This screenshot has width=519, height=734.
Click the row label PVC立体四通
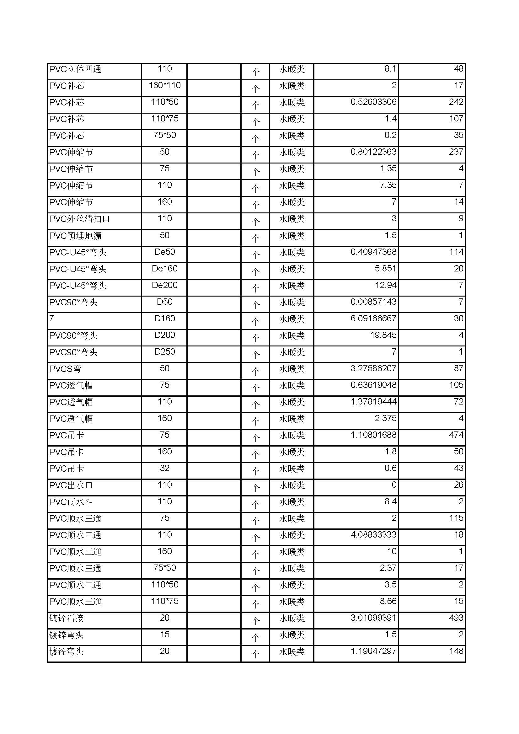click(75, 69)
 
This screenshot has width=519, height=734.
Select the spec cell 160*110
click(165, 85)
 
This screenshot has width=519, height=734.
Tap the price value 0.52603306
click(373, 102)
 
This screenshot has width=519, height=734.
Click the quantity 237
click(456, 152)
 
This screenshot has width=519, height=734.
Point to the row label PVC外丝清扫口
click(80, 219)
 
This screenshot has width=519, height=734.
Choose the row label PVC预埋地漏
click(75, 236)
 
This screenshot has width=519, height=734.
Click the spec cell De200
click(165, 285)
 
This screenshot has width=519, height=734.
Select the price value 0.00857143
click(373, 302)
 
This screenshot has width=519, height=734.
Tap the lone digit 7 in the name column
click(52, 319)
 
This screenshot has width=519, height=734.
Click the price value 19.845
click(383, 335)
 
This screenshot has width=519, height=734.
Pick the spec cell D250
click(165, 352)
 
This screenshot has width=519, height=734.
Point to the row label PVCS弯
click(65, 369)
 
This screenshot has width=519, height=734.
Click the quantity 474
click(456, 435)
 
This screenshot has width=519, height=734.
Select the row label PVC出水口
click(71, 485)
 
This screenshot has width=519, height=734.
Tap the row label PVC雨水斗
click(71, 501)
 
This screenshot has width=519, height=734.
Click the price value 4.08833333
click(373, 534)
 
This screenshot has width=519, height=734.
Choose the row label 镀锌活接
click(67, 618)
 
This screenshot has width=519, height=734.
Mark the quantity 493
click(456, 618)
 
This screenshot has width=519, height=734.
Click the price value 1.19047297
click(373, 651)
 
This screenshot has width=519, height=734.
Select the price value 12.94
click(385, 285)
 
